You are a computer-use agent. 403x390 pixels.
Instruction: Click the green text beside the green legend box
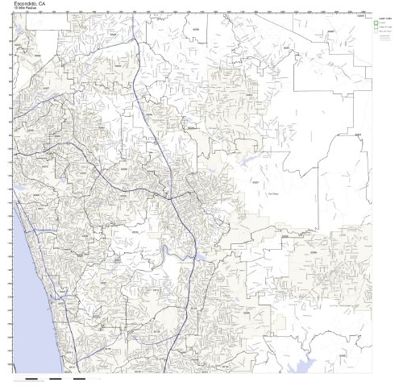coord(385,23)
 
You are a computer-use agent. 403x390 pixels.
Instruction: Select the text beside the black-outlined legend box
coord(386,28)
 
